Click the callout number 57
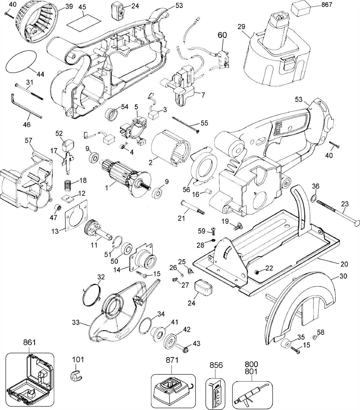(29, 140)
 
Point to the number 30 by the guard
(343, 276)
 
